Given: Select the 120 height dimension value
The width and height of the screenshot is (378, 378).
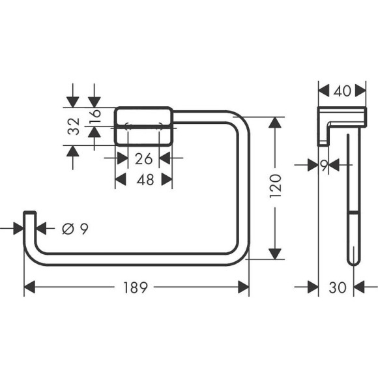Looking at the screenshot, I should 276,188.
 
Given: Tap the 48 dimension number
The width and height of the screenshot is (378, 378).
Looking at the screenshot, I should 145,180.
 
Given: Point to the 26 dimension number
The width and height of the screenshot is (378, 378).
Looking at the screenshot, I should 144,158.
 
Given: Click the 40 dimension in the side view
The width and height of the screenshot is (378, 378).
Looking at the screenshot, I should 344,91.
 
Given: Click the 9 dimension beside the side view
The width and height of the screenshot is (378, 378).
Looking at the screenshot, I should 323,166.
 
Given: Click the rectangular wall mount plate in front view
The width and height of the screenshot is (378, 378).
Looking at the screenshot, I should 144,126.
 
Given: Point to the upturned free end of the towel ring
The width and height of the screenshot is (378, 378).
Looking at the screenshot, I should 29,218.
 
